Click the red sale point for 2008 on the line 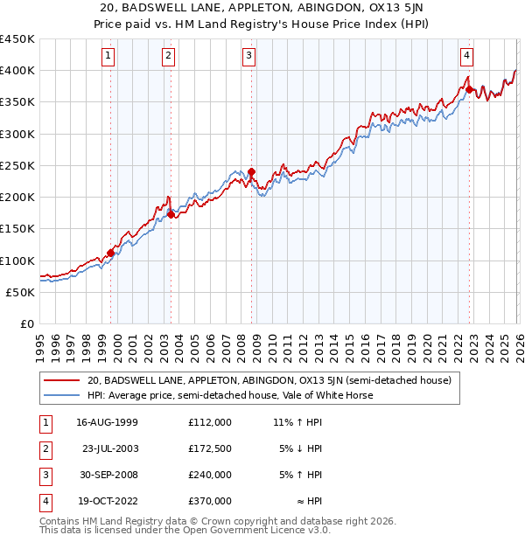click(251, 172)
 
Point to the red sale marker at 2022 click(470, 89)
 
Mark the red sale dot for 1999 click(111, 254)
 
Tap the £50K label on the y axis click(20, 292)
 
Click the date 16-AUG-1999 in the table click(107, 422)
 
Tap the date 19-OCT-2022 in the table click(107, 501)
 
